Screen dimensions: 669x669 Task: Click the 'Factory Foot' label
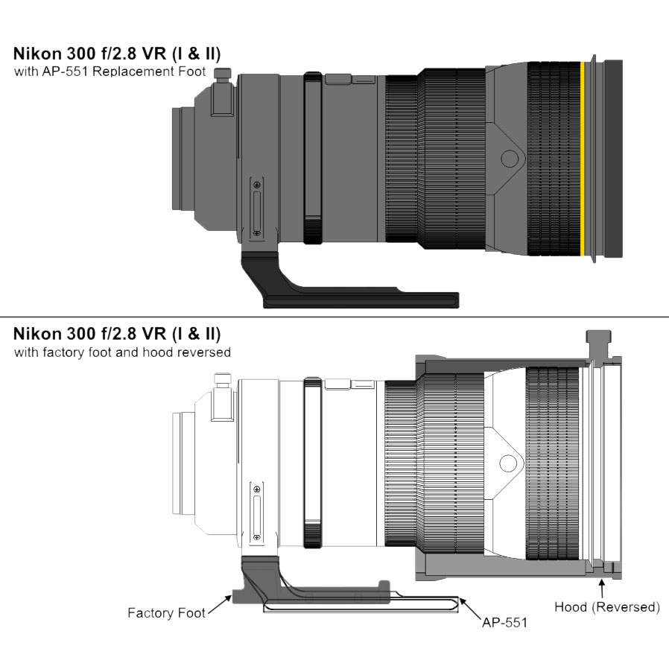pos(166,614)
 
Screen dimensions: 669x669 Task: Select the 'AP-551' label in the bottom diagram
pos(504,622)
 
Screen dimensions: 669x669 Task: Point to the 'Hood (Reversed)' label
pos(607,607)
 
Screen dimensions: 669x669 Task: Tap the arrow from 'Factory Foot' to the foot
pos(218,606)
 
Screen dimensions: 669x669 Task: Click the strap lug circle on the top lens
pos(510,158)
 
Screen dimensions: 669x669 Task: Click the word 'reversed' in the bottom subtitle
pos(204,352)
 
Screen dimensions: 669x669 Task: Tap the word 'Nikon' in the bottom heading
pos(37,333)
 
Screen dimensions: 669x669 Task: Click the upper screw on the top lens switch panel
pos(257,184)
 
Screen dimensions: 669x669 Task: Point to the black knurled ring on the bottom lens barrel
pos(313,463)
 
